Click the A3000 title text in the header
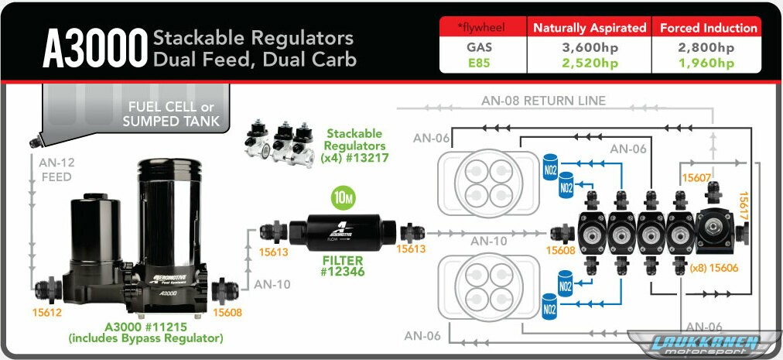coord(94,49)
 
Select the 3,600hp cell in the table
coord(589,47)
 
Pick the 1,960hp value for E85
coord(707,63)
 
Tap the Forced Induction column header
coord(708,28)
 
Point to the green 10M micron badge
coord(343,197)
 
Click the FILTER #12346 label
coord(343,266)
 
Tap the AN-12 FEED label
coord(55,170)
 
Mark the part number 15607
coord(696,177)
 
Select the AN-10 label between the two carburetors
coord(489,241)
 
